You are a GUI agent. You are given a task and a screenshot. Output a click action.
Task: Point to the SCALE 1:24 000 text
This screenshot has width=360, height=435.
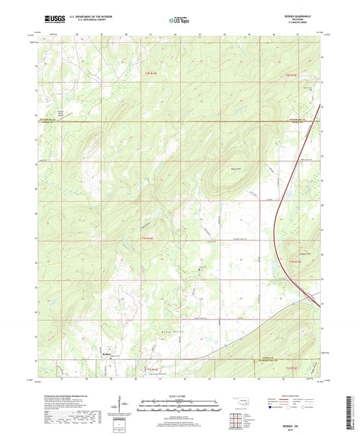pyautogui.click(x=180, y=396)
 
